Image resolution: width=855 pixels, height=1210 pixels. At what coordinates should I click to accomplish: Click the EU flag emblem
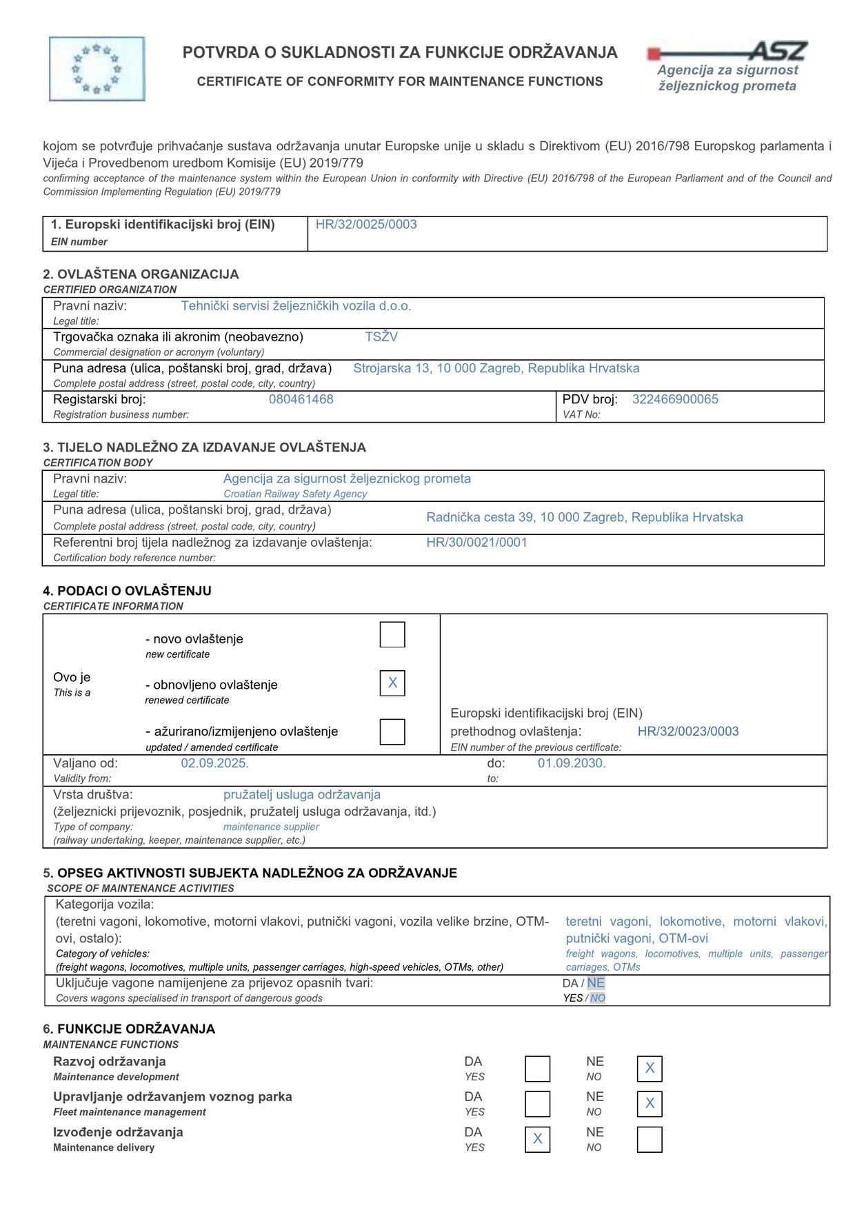pos(97,69)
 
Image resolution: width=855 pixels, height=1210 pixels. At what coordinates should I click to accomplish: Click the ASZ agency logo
pos(727,67)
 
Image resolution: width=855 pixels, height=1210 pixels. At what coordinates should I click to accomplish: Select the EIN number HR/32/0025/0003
pos(366,225)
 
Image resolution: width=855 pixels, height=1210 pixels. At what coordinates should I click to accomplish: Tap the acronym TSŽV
pos(381,337)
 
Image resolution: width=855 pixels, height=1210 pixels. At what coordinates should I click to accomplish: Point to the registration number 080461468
pos(301,399)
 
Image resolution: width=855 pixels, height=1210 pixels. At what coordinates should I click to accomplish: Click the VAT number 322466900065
pos(675,399)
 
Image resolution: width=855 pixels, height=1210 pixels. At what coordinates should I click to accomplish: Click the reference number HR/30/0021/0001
pos(476,543)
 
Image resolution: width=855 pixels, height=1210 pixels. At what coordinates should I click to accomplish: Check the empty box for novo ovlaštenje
pos(392,634)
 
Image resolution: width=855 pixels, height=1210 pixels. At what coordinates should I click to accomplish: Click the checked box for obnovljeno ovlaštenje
pos(392,683)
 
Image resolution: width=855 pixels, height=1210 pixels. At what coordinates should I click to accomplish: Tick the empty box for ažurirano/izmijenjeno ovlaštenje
pos(392,732)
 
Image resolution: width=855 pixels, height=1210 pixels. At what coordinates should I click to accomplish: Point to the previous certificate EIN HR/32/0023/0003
pos(688,732)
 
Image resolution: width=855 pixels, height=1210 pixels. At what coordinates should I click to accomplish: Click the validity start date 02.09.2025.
pos(215,763)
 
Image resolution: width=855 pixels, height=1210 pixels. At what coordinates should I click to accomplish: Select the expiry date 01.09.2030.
pos(572,763)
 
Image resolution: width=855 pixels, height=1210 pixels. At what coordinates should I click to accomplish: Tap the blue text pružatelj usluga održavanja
pos(302,795)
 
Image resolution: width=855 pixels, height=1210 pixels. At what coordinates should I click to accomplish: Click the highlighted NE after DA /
pos(596,983)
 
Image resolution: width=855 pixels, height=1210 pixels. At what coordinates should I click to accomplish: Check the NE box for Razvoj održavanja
pos(650,1069)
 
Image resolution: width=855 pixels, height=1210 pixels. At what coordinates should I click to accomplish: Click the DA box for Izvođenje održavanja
pos(538,1140)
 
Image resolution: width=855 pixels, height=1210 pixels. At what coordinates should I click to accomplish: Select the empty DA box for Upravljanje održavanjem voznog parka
pos(538,1104)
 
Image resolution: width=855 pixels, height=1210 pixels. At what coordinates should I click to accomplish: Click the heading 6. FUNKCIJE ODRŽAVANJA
pos(129,1029)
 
